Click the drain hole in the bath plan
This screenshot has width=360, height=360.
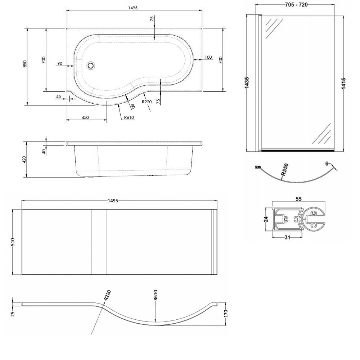[x=91, y=66]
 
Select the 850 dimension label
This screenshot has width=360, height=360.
[x=25, y=64]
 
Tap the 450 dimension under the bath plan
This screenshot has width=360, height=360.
[x=85, y=118]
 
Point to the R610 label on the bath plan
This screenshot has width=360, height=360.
[x=129, y=117]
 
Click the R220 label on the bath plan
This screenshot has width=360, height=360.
[x=147, y=102]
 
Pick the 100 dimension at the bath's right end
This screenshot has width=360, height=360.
[x=208, y=57]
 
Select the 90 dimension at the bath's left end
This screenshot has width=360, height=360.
[x=60, y=63]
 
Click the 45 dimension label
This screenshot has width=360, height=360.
[x=59, y=96]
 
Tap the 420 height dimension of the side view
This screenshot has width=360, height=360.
[x=24, y=160]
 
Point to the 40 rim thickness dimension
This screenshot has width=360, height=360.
[x=44, y=151]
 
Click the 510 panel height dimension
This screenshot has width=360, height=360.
[x=13, y=242]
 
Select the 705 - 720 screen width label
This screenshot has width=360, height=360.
[x=296, y=5]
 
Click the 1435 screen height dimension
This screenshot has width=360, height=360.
[x=247, y=83]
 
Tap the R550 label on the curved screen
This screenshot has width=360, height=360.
[x=285, y=170]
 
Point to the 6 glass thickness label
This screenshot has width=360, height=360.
[x=327, y=163]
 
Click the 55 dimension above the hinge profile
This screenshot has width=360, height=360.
[x=298, y=199]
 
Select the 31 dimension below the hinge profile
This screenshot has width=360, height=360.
[x=287, y=238]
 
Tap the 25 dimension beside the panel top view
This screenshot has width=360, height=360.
[x=13, y=314]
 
